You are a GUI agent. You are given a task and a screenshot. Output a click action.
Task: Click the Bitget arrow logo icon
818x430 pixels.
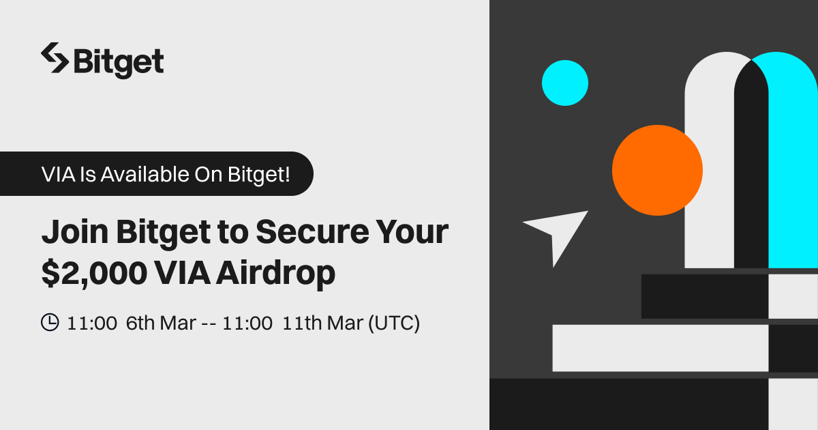[x=55, y=58]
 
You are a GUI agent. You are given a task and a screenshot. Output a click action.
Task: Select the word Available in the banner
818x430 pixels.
[x=145, y=174]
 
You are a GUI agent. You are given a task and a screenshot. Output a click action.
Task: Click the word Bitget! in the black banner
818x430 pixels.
[x=259, y=175]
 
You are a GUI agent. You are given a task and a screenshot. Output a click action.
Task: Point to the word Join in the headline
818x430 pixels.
[x=75, y=232]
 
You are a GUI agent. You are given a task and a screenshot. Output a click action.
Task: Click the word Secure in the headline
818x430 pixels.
[x=313, y=232]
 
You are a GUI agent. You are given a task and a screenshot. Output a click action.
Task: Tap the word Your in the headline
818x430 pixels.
[x=412, y=232]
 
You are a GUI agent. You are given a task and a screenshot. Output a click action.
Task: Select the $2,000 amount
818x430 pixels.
[x=94, y=274]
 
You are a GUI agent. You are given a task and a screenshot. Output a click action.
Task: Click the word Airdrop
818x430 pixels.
[x=275, y=274]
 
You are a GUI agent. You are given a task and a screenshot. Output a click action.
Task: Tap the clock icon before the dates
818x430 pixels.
[x=50, y=322]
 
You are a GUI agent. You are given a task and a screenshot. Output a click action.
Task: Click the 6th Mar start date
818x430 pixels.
[x=161, y=324]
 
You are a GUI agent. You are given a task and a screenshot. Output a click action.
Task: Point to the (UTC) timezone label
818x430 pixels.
[x=394, y=324]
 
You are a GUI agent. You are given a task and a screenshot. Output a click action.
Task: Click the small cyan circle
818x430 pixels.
[x=565, y=83]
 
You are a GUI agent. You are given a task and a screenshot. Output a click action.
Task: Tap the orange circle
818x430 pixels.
[x=657, y=171]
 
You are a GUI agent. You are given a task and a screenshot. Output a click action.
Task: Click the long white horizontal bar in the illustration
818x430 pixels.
[x=661, y=348]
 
